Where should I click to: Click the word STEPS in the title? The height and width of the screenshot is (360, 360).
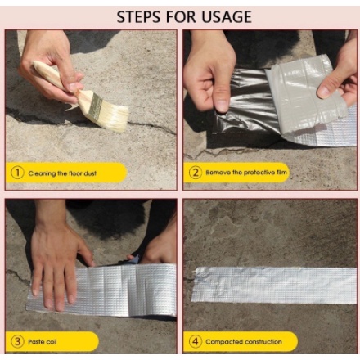[x=138, y=17]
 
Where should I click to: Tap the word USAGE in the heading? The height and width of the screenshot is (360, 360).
[x=227, y=17]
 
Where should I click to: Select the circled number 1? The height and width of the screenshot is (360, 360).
[x=17, y=173]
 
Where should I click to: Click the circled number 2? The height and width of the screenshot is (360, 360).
[x=196, y=173]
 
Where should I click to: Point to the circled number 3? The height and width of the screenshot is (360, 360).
[x=17, y=341]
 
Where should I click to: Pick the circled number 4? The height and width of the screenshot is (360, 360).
[x=196, y=341]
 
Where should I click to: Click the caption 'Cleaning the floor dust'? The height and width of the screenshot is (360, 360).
[x=62, y=173]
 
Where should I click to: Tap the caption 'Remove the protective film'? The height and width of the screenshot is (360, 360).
[x=246, y=173]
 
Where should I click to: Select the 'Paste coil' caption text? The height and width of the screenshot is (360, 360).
[x=43, y=342]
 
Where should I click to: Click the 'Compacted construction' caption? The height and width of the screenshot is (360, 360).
[x=244, y=342]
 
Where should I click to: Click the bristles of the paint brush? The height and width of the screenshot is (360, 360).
[x=114, y=115]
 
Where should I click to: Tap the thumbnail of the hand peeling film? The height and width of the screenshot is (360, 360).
[x=221, y=105]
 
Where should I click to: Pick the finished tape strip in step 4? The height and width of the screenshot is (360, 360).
[x=274, y=285]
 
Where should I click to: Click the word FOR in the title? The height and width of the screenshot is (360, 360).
[x=181, y=17]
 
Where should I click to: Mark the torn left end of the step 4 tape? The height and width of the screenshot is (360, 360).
[x=194, y=284]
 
